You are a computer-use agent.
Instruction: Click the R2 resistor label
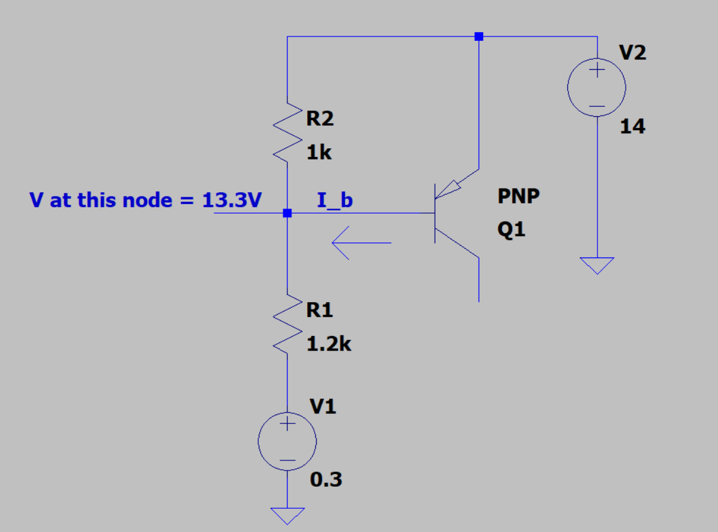[x=320, y=119]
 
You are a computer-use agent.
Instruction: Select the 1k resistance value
[x=319, y=153]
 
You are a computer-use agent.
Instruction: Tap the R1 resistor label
[x=320, y=310]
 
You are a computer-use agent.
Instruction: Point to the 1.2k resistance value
[x=328, y=344]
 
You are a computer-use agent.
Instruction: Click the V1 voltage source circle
[x=287, y=442]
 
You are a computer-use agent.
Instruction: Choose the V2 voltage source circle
[x=596, y=87]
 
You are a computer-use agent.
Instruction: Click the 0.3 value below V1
[x=326, y=480]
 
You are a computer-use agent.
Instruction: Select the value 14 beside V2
[x=632, y=128]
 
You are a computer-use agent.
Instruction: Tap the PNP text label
[x=518, y=197]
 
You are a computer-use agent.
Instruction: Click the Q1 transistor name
[x=511, y=230]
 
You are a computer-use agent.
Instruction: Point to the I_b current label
[x=335, y=200]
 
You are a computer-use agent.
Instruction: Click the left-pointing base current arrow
[x=361, y=243]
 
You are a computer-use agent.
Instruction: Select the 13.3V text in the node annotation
[x=232, y=200]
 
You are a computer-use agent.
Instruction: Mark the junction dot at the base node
[x=287, y=214]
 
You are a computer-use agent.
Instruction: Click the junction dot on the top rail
[x=479, y=36]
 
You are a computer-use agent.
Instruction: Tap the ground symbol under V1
[x=287, y=516]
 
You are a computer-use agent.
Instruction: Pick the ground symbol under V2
[x=596, y=266]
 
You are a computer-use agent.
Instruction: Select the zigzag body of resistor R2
[x=286, y=132]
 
